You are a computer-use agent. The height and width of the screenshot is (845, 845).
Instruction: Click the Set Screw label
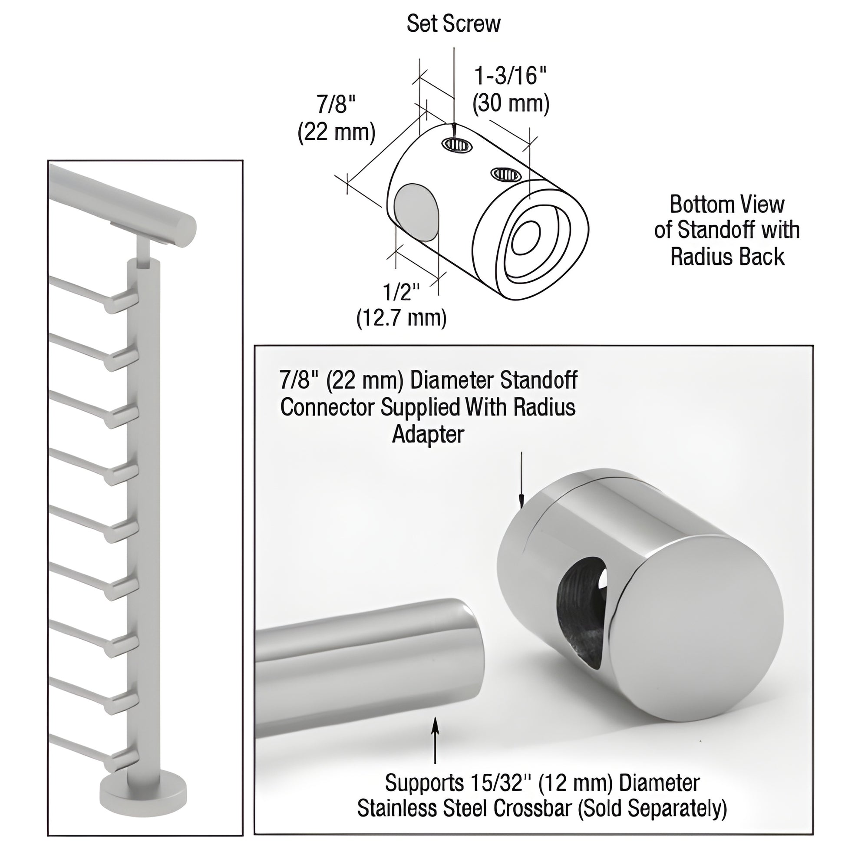[x=453, y=23]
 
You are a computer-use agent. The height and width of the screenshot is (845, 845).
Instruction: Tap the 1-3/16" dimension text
[x=511, y=76]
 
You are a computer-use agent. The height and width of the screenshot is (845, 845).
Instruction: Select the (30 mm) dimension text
[x=511, y=104]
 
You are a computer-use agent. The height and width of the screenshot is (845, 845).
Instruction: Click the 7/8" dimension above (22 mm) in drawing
[x=336, y=105]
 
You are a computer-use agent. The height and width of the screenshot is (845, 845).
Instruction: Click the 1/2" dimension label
[x=401, y=292]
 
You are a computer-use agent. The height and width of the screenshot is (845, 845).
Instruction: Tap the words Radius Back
[x=727, y=257]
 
